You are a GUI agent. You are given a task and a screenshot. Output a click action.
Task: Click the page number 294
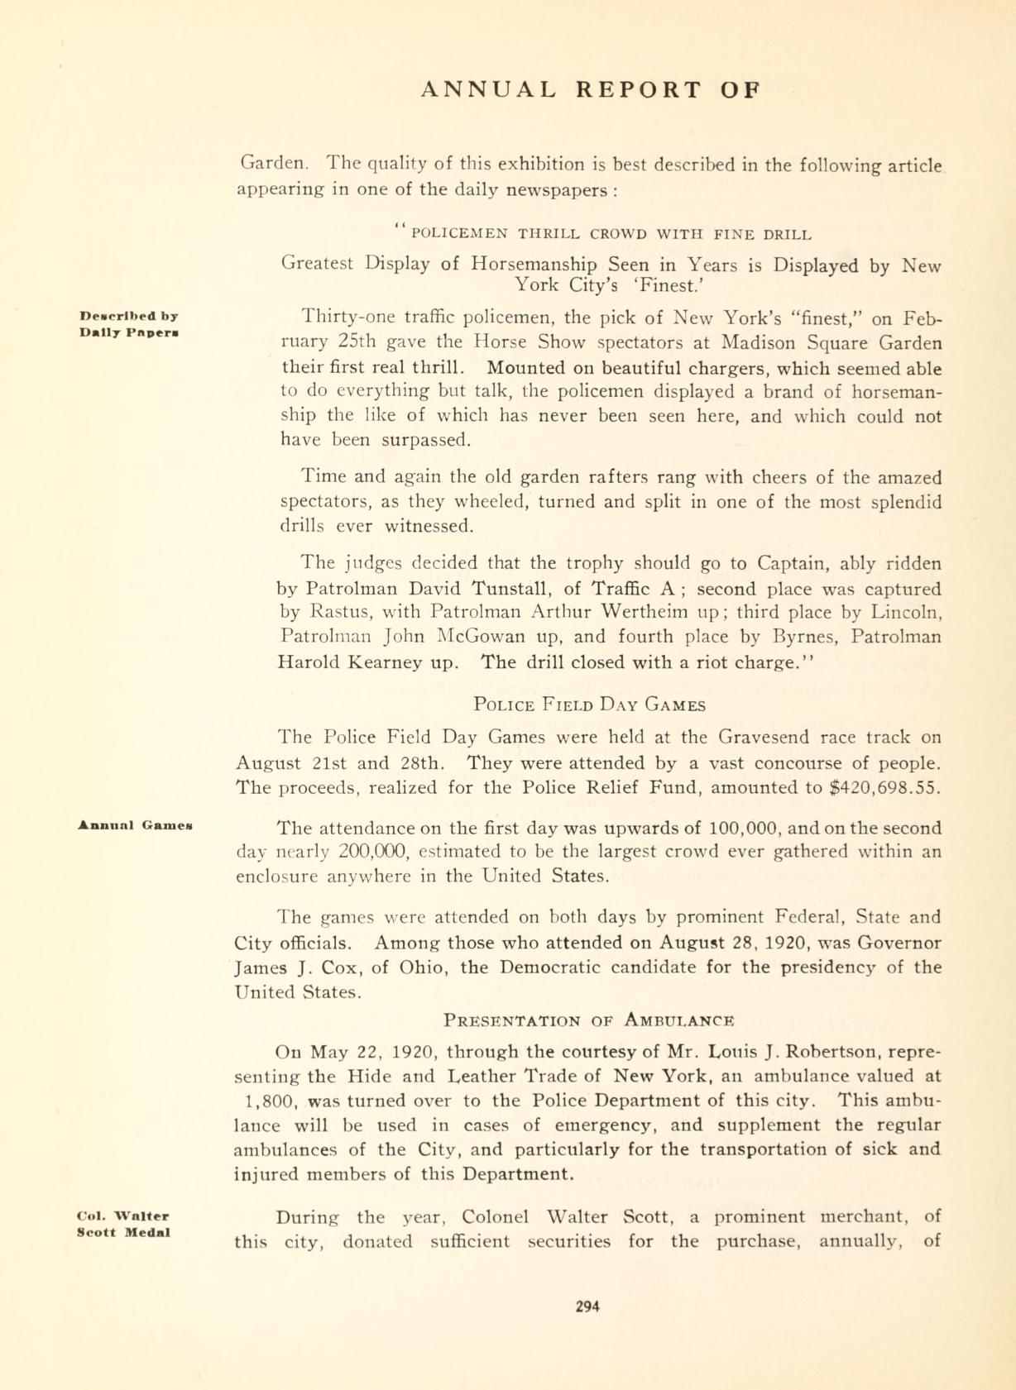(x=587, y=1306)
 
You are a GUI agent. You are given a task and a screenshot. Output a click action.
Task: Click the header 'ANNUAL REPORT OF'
(x=590, y=89)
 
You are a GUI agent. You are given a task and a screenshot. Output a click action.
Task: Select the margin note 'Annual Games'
(x=137, y=824)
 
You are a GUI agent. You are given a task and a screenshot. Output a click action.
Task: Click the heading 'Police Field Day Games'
(x=590, y=705)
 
